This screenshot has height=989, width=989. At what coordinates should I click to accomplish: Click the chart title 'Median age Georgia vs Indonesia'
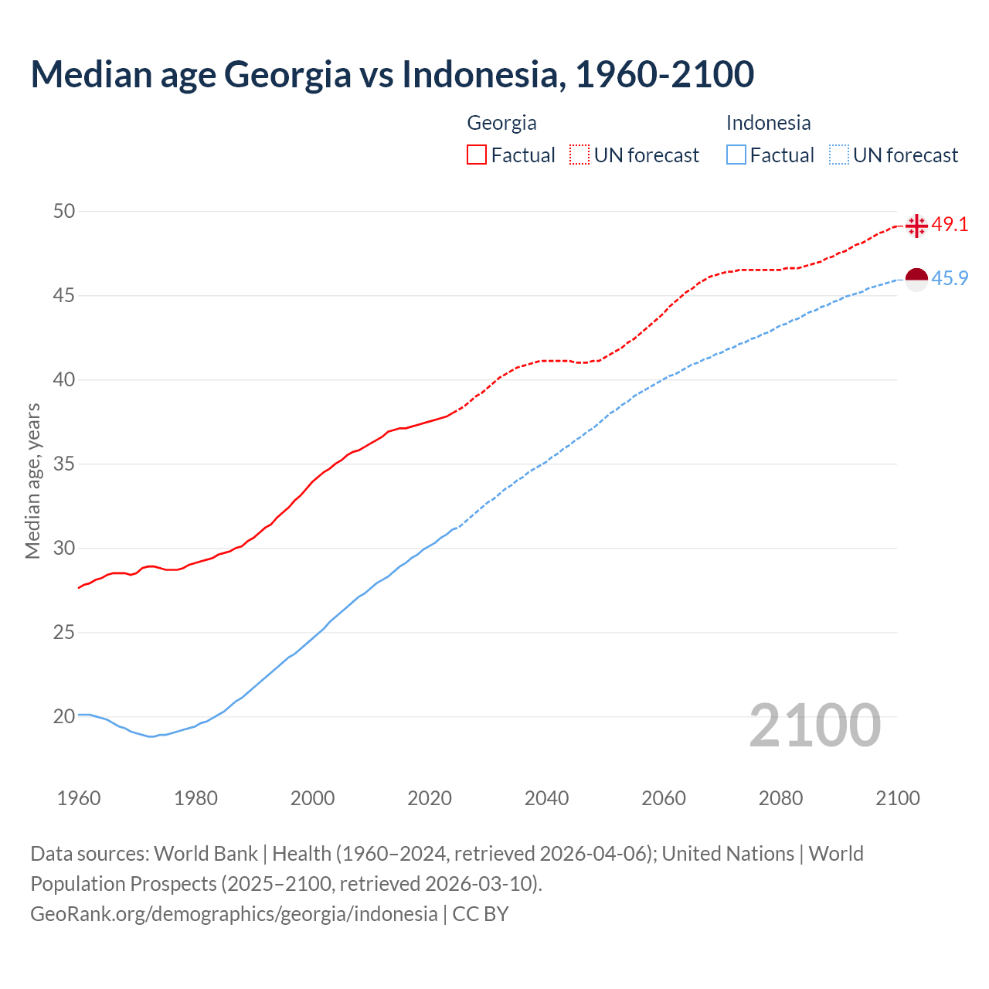pos(392,75)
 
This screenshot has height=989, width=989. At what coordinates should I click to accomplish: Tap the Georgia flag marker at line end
pos(916,226)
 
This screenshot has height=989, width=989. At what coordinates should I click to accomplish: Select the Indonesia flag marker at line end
pos(916,279)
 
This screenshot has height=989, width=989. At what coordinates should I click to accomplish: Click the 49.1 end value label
pos(950,225)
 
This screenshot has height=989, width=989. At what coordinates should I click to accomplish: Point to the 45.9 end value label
pos(950,279)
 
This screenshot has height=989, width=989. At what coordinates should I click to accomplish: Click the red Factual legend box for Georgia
pos(477,155)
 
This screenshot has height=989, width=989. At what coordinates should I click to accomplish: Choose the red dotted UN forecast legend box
pos(579,155)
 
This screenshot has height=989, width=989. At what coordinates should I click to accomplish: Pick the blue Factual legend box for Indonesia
pos(736,155)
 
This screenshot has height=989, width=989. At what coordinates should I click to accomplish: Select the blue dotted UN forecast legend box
pos(839,155)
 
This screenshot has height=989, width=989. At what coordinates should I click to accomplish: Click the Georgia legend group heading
pos(501,123)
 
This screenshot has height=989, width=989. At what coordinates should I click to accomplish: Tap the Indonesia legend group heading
pos(768,123)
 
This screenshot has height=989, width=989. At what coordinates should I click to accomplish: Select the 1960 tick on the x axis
pos(79,798)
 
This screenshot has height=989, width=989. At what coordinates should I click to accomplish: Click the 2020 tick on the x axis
pos(430,798)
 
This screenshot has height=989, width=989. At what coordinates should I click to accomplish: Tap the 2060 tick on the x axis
pos(664,798)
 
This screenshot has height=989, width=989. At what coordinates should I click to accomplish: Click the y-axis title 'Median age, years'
pos(32,481)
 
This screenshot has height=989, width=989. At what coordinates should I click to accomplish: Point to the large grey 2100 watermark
pos(814,726)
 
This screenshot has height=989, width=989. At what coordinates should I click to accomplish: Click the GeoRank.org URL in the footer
pos(233,914)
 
